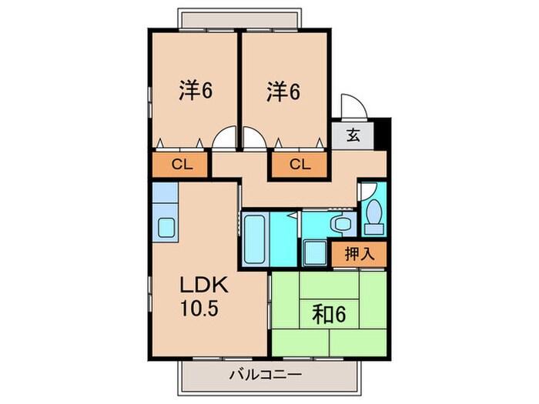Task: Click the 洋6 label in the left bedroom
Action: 196,90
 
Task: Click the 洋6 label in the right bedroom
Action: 283,90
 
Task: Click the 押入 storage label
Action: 360,253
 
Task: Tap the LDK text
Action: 204,285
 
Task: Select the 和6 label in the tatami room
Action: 329,315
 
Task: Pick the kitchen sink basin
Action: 167,228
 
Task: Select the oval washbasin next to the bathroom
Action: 339,224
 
